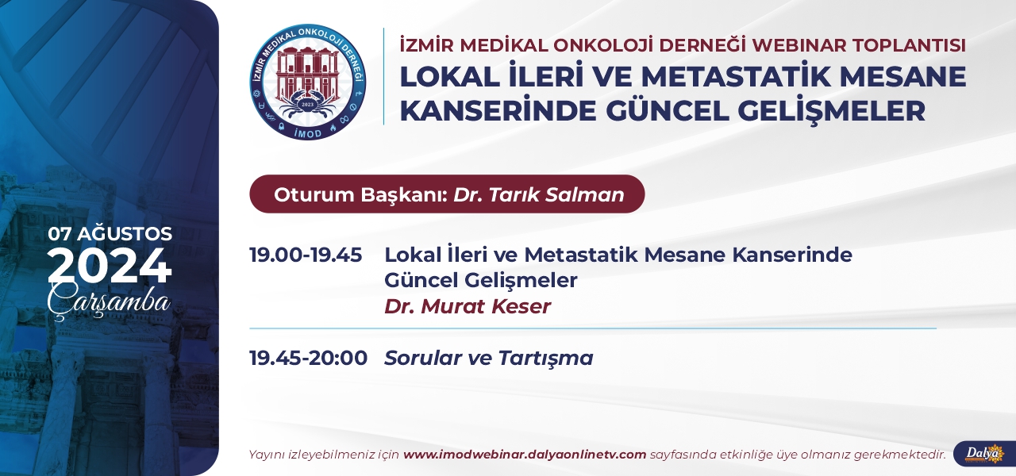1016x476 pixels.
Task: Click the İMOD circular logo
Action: coord(308,82)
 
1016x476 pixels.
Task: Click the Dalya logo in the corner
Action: coord(985,453)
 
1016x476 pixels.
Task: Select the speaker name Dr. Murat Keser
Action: coord(468,306)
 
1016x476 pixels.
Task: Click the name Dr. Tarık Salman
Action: coord(539,194)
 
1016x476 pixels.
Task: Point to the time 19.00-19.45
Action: coord(306,255)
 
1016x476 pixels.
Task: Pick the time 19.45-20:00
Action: coord(309,358)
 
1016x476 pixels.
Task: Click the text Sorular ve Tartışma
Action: coord(489,358)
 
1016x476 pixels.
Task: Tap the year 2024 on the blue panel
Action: coord(110,266)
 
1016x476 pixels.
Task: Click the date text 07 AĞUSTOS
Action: coord(110,234)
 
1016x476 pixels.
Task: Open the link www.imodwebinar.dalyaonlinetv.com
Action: coord(525,455)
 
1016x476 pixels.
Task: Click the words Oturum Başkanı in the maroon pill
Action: coord(361,194)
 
